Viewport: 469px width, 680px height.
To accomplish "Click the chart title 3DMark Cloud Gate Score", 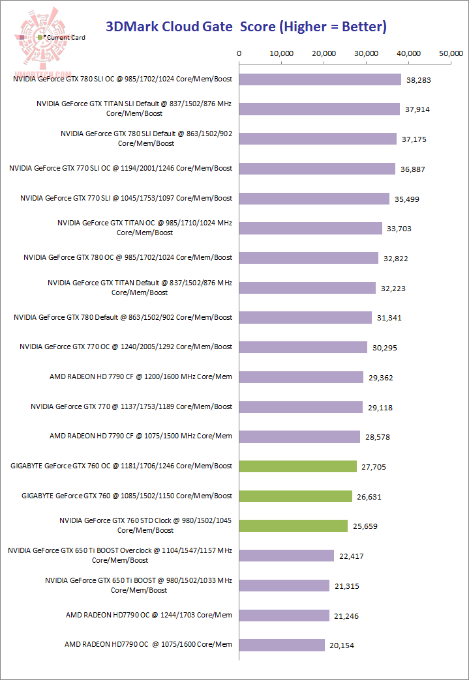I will pos(246,27).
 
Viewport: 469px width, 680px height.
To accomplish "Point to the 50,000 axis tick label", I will pos(451,53).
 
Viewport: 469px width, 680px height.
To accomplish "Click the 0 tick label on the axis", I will pos(239,53).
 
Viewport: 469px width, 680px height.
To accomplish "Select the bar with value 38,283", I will pos(320,79).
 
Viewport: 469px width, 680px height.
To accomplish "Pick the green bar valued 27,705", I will pos(298,466).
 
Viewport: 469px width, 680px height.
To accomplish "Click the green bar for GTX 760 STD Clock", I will pos(294,526).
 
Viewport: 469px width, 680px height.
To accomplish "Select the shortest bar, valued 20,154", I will pos(282,645).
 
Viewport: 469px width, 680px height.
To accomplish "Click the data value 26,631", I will pos(369,496).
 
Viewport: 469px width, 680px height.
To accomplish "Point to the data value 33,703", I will pos(399,229).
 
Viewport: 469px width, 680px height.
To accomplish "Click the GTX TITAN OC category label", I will pos(145,227).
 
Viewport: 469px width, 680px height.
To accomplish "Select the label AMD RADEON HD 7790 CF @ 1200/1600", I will pos(141,376).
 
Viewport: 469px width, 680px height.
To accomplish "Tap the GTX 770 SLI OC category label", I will pos(121,168).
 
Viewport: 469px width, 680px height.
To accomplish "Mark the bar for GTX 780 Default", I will pos(305,317).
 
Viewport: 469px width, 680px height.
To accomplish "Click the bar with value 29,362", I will pos(301,377).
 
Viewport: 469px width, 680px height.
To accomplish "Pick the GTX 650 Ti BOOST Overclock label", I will pos(120,555).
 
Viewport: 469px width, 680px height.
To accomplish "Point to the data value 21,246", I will pos(346,616).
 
